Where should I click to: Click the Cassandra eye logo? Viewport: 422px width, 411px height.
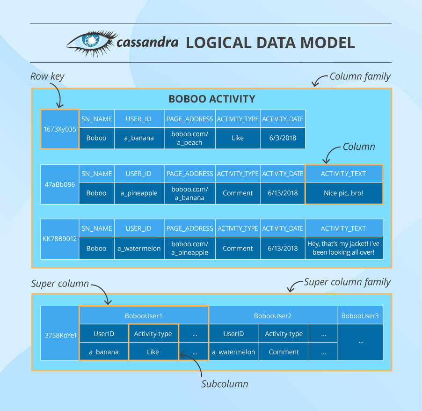[92, 43]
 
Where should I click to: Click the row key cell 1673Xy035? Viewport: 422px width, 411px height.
[60, 129]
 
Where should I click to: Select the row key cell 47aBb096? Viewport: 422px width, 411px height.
[60, 184]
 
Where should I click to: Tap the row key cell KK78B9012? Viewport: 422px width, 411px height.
[60, 239]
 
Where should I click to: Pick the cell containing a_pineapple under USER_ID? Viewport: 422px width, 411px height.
[139, 193]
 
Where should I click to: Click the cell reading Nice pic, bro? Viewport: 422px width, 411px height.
[344, 193]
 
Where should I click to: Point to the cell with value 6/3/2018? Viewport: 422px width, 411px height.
[283, 138]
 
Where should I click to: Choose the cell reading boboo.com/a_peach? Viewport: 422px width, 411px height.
[190, 138]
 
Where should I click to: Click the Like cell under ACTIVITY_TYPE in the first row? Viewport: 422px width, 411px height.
[238, 138]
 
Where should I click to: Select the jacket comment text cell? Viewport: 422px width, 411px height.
[344, 248]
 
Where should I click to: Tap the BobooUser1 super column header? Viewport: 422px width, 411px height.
[144, 316]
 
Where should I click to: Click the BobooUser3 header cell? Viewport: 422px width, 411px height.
[360, 316]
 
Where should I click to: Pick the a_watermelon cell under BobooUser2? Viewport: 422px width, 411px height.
[233, 352]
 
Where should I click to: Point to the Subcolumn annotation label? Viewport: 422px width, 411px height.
[225, 384]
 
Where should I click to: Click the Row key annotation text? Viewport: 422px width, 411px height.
[47, 76]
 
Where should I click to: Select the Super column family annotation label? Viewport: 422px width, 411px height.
[347, 282]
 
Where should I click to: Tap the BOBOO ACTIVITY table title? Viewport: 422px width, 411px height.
[212, 99]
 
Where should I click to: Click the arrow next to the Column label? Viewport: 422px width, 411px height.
[330, 154]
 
